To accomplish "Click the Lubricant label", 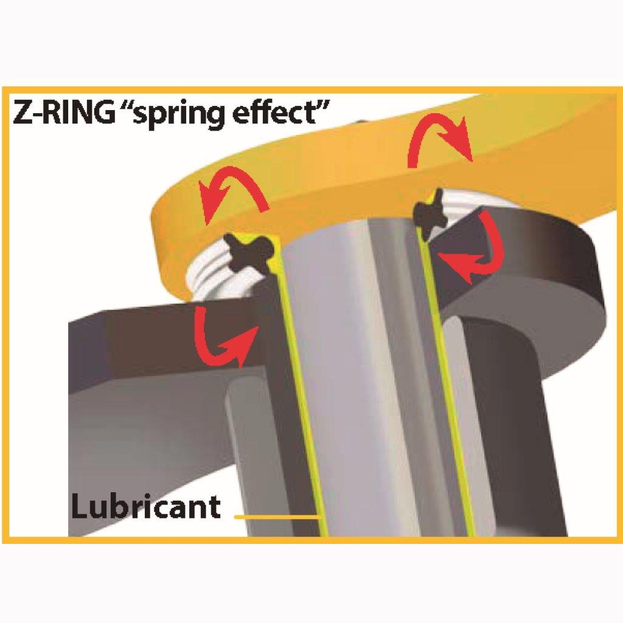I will pos(145,506).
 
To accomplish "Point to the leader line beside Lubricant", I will pos(277,517).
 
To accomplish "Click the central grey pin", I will pos(359,365).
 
